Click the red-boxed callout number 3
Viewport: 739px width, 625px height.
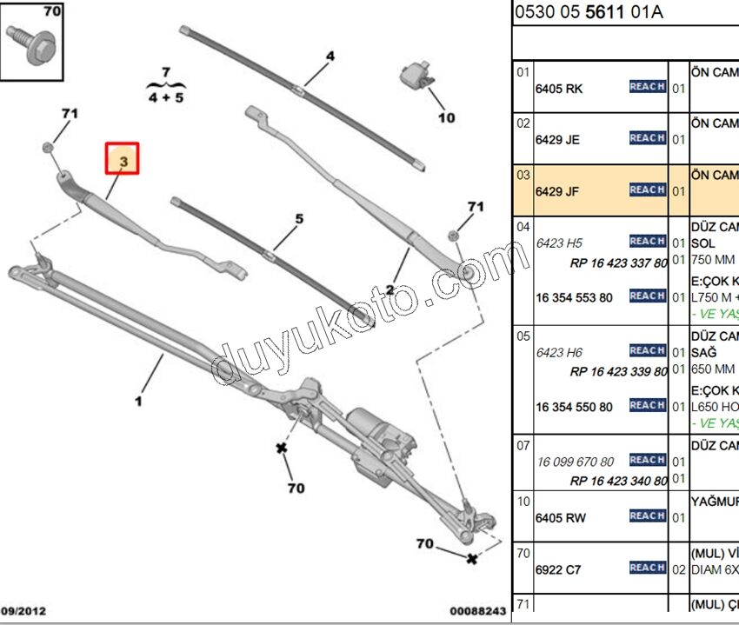coord(123,160)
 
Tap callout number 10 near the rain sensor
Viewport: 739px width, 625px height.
coord(445,117)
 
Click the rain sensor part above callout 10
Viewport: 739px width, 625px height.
coord(416,76)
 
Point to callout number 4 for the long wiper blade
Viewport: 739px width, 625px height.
coord(330,57)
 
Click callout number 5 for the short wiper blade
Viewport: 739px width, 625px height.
coord(299,219)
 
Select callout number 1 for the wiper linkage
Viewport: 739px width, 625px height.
coord(137,401)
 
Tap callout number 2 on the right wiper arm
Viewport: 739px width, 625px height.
coord(391,290)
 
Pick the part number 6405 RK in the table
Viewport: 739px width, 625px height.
coord(562,88)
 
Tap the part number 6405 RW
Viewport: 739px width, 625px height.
coord(563,518)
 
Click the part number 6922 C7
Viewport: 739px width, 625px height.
coord(562,569)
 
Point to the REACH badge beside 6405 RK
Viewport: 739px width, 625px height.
coord(647,87)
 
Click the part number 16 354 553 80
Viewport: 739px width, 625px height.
coord(574,297)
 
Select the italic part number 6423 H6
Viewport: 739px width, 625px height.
coord(559,352)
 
